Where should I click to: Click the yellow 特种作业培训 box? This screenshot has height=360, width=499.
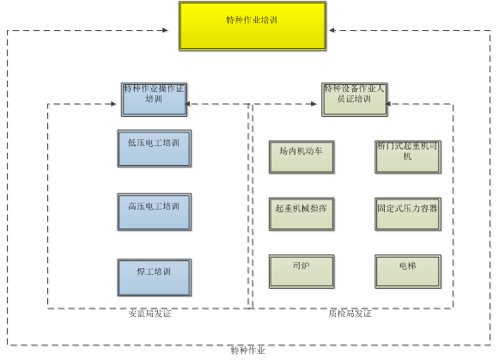253,25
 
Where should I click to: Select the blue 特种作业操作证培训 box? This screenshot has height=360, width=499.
154,100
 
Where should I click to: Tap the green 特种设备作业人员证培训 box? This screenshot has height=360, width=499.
354,100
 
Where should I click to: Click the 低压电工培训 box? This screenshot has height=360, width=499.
154,149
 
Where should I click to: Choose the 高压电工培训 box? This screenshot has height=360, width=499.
154,211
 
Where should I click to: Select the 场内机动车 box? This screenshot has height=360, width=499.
301,156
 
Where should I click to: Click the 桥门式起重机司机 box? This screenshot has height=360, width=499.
407,156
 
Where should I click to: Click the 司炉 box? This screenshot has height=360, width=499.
301,272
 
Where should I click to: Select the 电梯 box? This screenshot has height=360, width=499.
407,272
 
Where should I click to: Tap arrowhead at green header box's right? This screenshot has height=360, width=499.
392,106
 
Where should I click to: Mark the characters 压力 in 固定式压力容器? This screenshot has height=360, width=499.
411,208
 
